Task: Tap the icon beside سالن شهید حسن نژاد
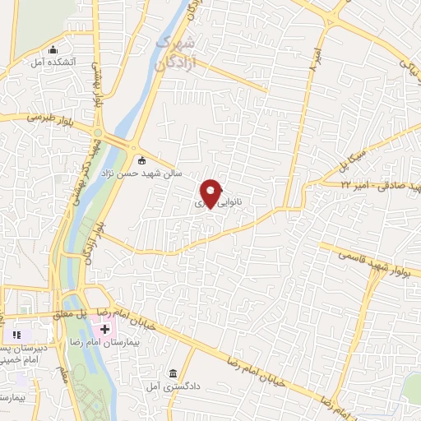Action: click(x=142, y=160)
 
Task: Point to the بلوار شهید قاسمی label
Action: click(x=366, y=257)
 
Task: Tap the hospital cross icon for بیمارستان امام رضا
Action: click(x=105, y=330)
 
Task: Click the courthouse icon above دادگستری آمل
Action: click(x=173, y=373)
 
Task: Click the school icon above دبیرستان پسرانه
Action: click(x=15, y=335)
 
